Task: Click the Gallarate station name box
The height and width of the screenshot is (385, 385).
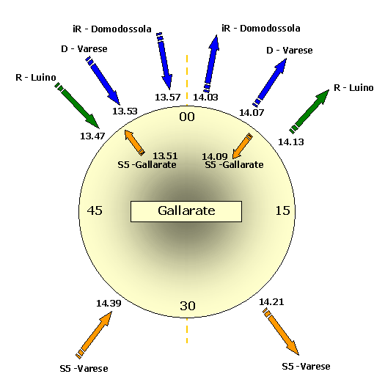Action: (186, 211)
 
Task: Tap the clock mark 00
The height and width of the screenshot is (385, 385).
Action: (187, 117)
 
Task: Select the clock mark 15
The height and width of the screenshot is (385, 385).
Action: (282, 210)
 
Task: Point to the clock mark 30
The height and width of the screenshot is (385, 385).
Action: (188, 306)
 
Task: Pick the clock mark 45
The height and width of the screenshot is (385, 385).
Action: (95, 210)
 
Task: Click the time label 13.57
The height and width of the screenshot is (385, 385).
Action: (168, 98)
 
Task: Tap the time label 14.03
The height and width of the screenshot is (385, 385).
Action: (205, 98)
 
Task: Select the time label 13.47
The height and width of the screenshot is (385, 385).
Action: (92, 136)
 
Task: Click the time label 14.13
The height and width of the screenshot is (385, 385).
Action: (291, 142)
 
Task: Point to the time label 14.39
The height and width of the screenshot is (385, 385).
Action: (109, 304)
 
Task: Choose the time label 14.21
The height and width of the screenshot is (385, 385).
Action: (271, 301)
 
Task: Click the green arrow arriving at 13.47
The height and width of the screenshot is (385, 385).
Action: (77, 105)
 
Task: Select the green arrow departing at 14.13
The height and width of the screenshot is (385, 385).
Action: (309, 111)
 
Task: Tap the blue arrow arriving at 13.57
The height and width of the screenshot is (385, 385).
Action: (164, 61)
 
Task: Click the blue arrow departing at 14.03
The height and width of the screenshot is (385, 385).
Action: (211, 64)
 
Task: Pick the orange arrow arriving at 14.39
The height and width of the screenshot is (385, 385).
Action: (94, 335)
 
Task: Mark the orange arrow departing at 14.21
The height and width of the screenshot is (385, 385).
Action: (281, 331)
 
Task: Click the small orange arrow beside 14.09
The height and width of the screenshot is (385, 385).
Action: (242, 146)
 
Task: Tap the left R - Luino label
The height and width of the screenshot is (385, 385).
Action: (36, 78)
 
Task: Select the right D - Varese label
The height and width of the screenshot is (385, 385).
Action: (290, 51)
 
